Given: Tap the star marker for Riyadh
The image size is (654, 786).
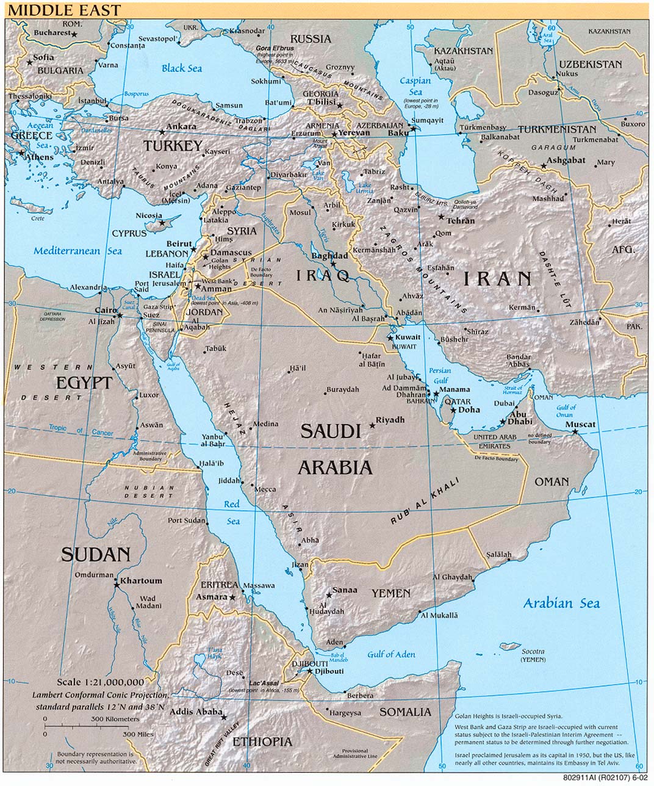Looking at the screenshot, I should click(373, 425).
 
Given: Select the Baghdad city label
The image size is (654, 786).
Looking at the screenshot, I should click(329, 256).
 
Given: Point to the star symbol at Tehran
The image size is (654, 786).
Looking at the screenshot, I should click(441, 217).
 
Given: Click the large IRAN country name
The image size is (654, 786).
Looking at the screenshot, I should click(497, 279).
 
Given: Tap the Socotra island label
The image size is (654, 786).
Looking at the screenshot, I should click(533, 651).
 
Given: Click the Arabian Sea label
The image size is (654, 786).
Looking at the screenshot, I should click(561, 604).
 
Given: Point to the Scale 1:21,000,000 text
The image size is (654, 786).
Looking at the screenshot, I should click(101, 682).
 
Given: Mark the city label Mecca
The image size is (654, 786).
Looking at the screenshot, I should click(265, 489).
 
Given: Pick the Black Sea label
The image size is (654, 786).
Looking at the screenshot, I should click(181, 68).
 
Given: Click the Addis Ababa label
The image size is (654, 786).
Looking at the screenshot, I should click(195, 712).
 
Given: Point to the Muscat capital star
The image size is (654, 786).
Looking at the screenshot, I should click(575, 432).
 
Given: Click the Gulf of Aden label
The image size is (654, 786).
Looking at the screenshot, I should click(391, 654).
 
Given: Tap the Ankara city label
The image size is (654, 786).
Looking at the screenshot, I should click(181, 127).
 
